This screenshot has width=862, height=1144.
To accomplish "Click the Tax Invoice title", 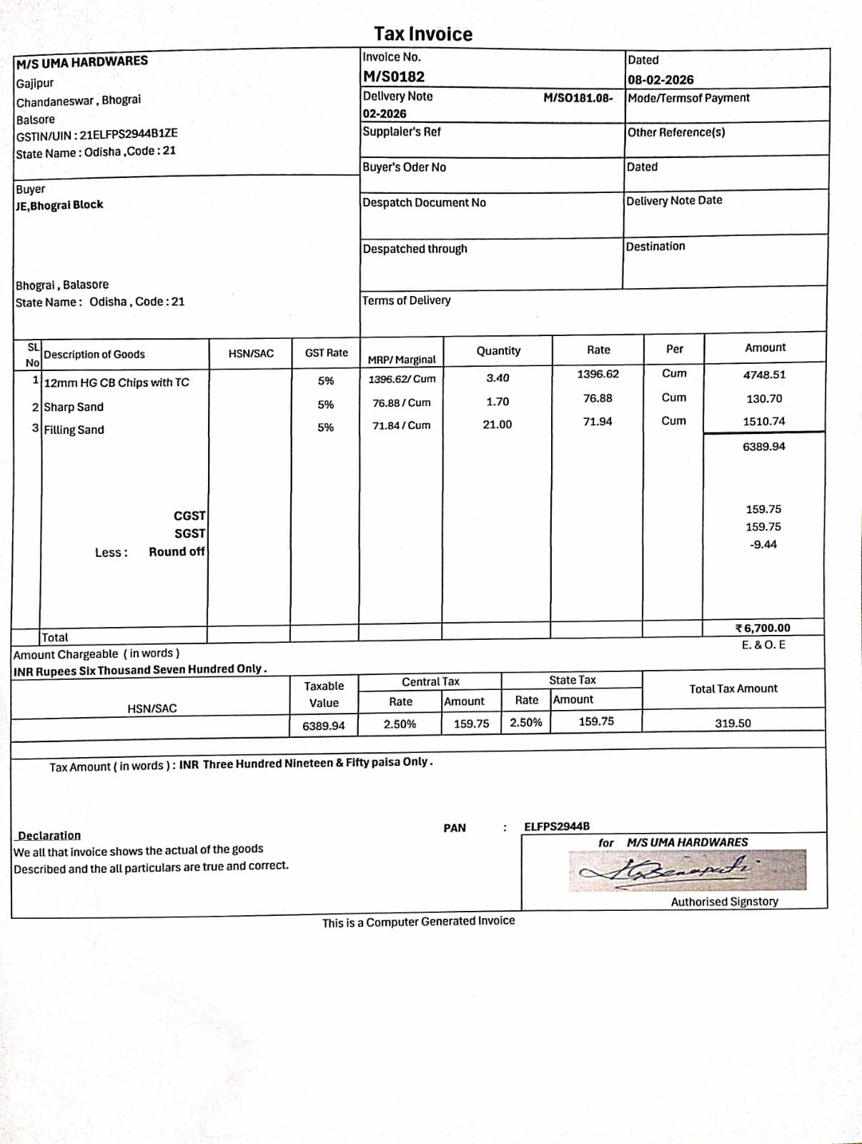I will (x=423, y=34).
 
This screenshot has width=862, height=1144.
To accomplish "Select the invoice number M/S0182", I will (x=394, y=77).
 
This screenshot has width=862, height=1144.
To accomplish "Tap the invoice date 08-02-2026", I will (x=660, y=79).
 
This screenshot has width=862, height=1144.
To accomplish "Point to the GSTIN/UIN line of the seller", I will (x=97, y=134).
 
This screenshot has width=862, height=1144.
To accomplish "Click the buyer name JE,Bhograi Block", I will (x=60, y=205).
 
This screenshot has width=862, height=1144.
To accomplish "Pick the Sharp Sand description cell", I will (x=74, y=407).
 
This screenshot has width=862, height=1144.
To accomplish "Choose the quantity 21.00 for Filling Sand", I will (x=497, y=425).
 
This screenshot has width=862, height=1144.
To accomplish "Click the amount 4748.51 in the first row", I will (x=764, y=375).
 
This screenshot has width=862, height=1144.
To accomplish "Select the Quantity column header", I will (x=498, y=350).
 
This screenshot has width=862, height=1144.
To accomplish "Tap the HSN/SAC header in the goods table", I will (x=251, y=353).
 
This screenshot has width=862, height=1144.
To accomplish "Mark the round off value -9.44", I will (x=763, y=545).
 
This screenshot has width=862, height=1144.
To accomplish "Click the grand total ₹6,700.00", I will (x=763, y=628).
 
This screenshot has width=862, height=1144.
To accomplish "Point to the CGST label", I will (x=189, y=516).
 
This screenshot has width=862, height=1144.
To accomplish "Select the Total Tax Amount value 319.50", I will (x=733, y=723).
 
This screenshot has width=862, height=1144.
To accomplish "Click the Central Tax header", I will (x=430, y=681).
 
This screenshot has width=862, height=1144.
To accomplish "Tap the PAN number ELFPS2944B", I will (x=557, y=827).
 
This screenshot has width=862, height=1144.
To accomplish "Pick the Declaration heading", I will (x=49, y=835).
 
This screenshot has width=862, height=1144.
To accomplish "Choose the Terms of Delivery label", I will (x=407, y=300).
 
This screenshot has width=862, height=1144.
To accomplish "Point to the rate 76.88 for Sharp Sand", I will (x=598, y=398).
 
